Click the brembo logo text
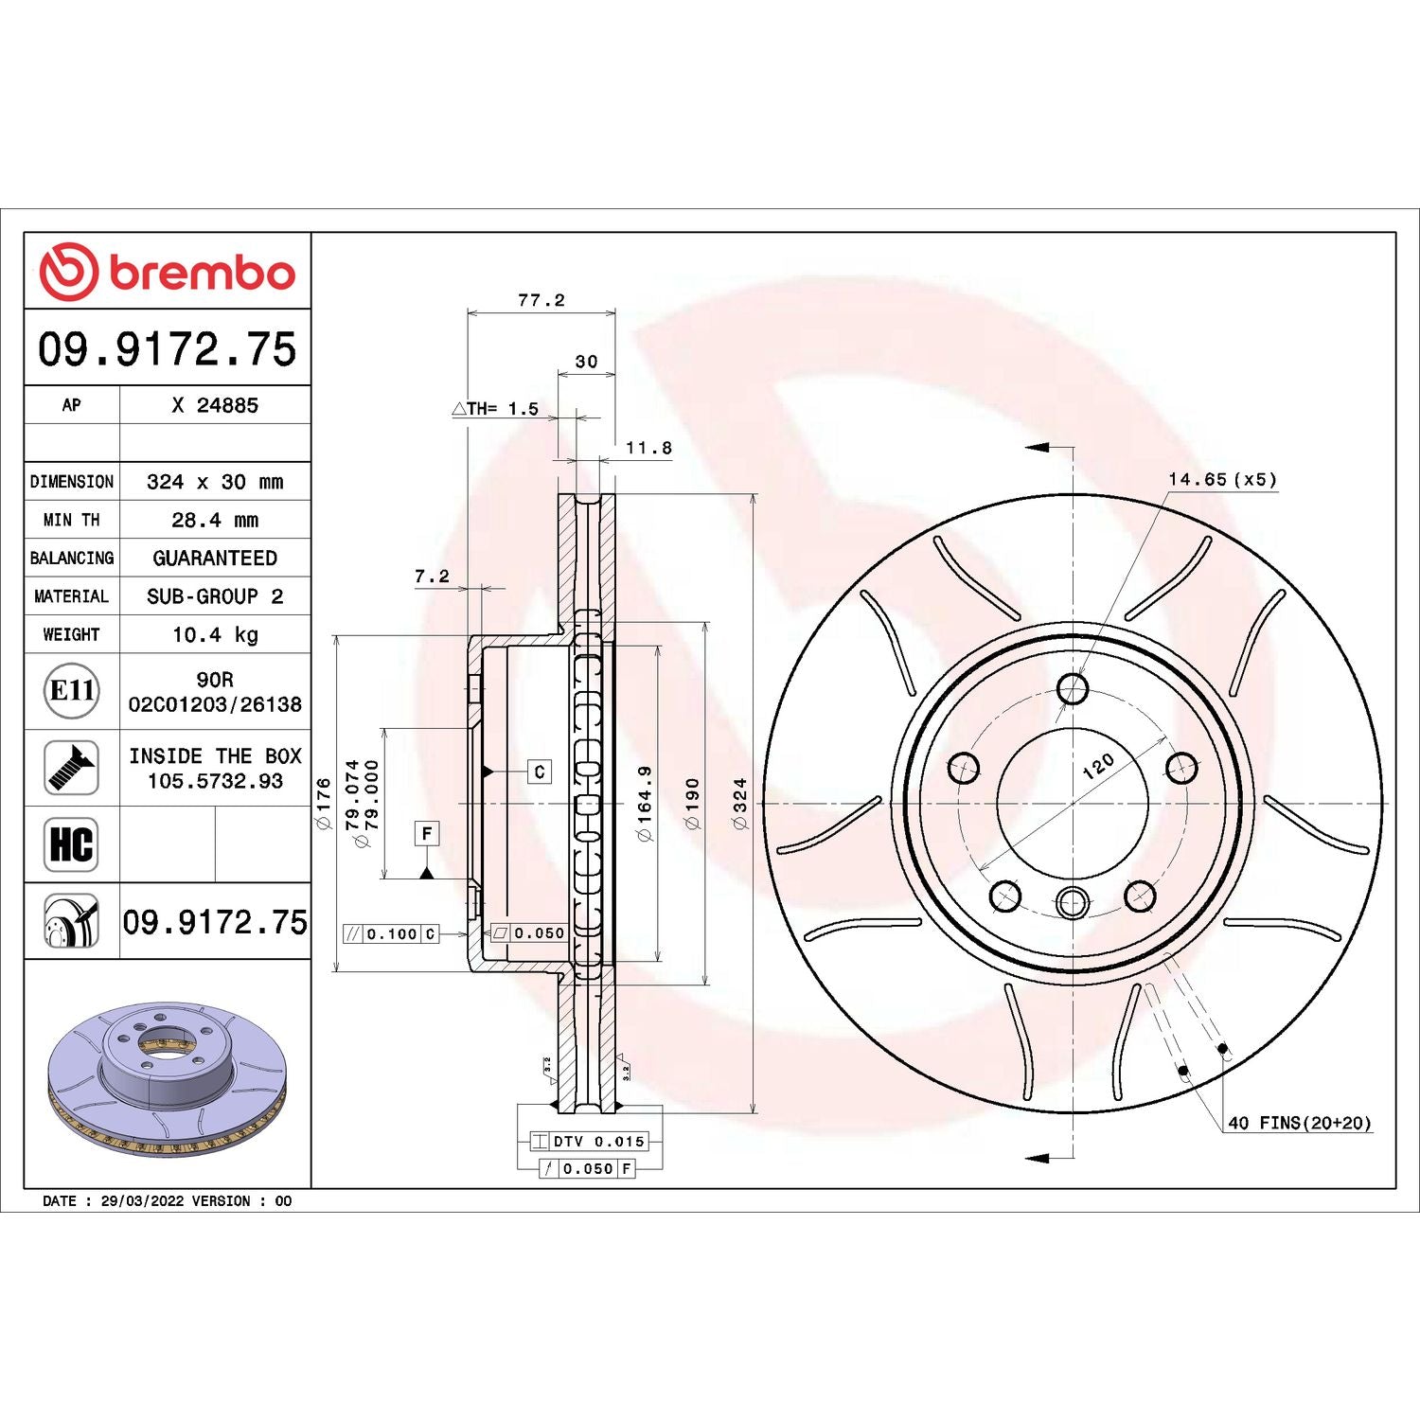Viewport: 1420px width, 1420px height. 202,273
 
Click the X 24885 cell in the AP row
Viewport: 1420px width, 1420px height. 215,405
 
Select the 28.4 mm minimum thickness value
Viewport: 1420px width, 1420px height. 215,520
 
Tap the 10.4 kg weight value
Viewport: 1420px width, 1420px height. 215,634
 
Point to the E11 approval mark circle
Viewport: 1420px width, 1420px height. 72,690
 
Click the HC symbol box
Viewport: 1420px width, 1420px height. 72,843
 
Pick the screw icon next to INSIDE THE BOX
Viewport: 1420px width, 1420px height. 72,768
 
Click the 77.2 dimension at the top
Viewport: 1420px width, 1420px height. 541,300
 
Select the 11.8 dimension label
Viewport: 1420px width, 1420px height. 648,448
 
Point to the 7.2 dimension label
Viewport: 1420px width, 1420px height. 432,576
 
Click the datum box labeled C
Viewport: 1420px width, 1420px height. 540,772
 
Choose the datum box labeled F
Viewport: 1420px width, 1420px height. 427,833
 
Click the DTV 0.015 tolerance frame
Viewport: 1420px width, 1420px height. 589,1142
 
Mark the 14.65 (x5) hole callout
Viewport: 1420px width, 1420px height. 1222,480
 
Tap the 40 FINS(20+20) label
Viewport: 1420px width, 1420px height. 1299,1123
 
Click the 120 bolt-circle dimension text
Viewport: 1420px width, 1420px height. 1098,766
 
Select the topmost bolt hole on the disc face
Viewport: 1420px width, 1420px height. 1073,688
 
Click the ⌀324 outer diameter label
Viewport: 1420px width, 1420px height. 739,804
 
